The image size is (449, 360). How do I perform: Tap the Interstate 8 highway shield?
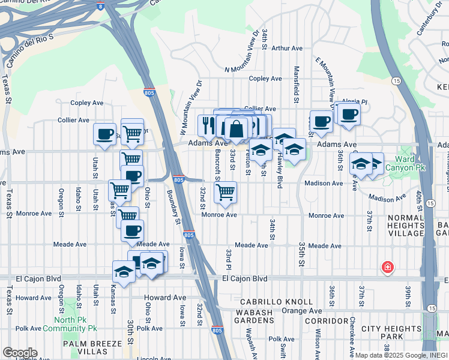click(x=100, y=7)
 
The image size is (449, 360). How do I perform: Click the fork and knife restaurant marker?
click(x=207, y=125)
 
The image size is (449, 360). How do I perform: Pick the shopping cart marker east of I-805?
click(x=225, y=192)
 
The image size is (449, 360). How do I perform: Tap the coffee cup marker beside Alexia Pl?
click(x=349, y=113)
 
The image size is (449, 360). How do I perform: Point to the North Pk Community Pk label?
click(x=66, y=324)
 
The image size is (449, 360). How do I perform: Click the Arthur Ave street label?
click(x=289, y=49)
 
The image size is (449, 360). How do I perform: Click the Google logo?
click(x=20, y=353)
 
